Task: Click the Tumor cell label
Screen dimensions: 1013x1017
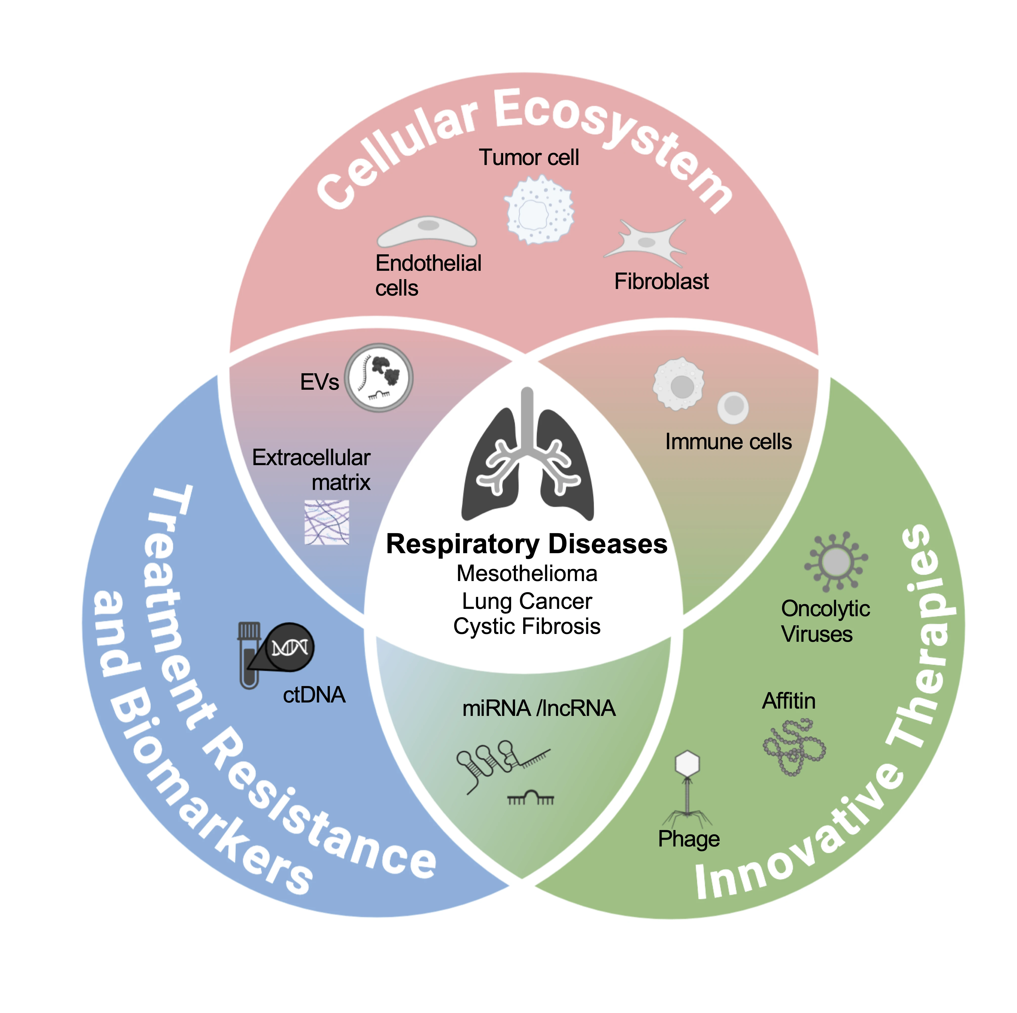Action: pos(528,157)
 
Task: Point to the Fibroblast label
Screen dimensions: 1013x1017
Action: pos(661,282)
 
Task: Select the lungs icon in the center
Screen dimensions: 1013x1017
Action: pos(527,458)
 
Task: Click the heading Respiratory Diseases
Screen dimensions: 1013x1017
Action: pos(526,544)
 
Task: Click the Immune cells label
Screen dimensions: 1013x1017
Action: pos(728,442)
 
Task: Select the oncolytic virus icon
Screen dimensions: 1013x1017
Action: pos(835,562)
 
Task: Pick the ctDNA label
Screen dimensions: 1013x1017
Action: pos(314,695)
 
